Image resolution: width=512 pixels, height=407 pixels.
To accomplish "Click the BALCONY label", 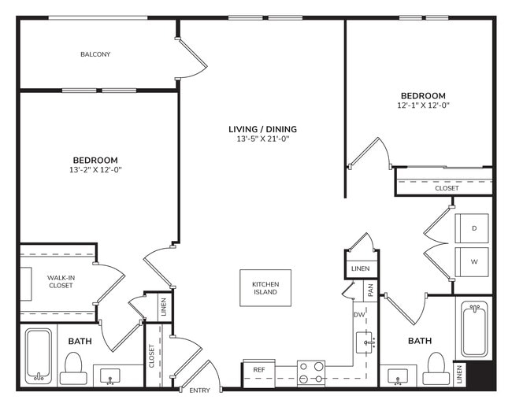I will coord(95,54).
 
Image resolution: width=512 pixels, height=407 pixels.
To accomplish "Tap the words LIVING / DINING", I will coord(262,129).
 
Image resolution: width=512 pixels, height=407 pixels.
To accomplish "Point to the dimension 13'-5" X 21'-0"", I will coord(262,139).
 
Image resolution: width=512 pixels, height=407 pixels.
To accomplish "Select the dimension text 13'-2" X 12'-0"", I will coord(95,169).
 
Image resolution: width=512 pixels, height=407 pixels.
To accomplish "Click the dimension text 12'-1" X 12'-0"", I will coord(422,105).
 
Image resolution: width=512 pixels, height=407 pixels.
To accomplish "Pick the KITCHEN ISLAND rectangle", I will coord(265,287).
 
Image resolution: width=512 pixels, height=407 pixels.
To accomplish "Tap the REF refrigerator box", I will coord(258,369).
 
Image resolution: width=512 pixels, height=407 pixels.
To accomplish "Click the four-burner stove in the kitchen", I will coord(310,371).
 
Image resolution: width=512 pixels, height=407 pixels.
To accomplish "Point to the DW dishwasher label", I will coord(358,315).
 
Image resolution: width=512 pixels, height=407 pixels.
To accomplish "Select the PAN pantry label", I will coord(369,289).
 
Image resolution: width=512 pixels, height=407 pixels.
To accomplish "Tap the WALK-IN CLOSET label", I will coord(60,281).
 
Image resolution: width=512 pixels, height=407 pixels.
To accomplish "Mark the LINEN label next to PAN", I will coord(360,269).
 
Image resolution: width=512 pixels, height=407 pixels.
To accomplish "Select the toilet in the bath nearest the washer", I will coord(436,364).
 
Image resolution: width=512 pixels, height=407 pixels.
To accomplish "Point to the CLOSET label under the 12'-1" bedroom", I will coord(447,188).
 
